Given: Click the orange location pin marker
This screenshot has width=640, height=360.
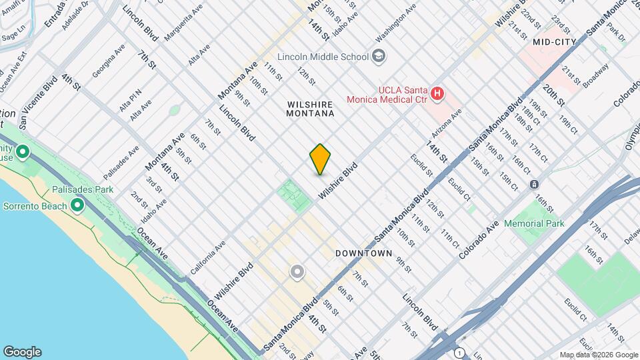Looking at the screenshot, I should [320, 159].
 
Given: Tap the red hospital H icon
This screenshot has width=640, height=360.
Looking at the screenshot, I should [437, 93].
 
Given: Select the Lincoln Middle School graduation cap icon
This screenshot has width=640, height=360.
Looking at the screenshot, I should [379, 55].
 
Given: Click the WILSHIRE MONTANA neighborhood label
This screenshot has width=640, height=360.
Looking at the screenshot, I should [310, 109].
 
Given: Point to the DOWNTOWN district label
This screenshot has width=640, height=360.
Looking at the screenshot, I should [363, 253].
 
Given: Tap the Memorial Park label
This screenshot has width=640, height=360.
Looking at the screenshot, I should [534, 223].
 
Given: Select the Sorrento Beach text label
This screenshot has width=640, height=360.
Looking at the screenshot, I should [35, 206].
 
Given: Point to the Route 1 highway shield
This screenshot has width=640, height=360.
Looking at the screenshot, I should [459, 351].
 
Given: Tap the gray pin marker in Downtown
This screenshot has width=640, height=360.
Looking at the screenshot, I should [297, 272].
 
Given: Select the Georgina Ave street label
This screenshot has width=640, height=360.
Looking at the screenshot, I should [109, 61].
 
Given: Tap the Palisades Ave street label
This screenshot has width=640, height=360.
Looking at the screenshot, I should [121, 163].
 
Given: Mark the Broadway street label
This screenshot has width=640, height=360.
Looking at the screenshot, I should [595, 76].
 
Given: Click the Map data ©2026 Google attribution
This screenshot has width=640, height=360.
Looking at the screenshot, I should [598, 355].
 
